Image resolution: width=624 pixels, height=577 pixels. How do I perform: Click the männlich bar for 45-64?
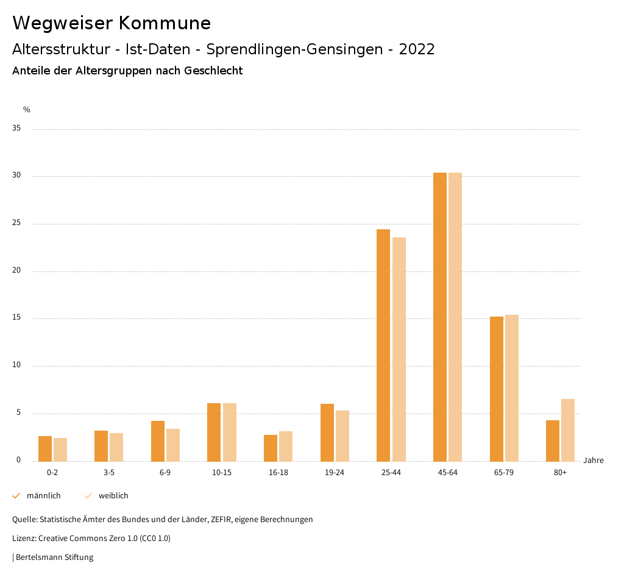(440, 317)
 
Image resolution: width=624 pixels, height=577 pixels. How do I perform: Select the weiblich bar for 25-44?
(399, 349)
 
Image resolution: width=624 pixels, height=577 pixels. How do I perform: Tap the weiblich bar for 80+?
(568, 430)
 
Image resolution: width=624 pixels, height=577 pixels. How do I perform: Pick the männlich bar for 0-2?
(45, 448)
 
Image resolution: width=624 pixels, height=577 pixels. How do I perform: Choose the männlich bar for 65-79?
(497, 389)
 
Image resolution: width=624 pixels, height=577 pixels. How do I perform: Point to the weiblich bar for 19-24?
(342, 435)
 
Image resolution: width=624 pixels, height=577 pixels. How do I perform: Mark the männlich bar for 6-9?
(158, 441)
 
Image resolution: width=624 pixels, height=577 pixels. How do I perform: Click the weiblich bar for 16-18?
(286, 446)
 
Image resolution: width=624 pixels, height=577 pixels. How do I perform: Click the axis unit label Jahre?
(594, 461)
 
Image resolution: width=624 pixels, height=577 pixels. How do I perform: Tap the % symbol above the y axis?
(27, 110)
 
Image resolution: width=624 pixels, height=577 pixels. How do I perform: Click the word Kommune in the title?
(165, 23)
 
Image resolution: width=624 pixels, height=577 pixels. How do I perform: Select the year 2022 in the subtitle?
(417, 49)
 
